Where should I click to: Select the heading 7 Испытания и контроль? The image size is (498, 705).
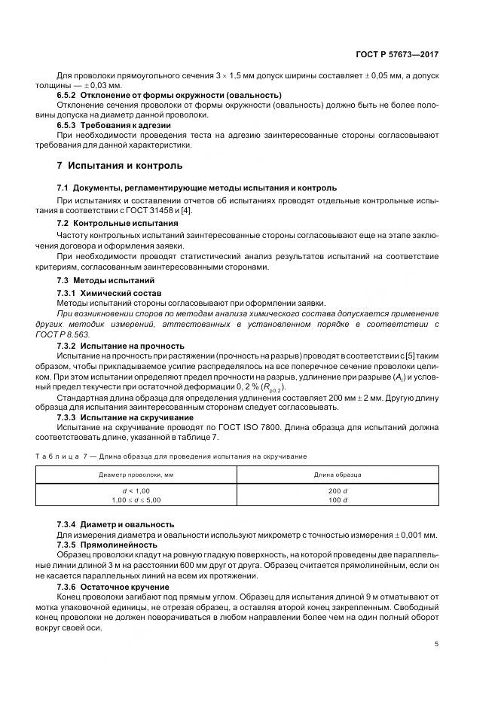pos(120,165)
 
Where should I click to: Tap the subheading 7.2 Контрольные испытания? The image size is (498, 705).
pos(118,224)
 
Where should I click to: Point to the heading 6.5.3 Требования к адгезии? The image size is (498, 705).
pos(114,124)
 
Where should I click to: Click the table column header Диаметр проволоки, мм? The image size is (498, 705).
pos(136,475)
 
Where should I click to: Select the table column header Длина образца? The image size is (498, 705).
pos(337,475)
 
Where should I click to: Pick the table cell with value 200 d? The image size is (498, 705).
pos(337,490)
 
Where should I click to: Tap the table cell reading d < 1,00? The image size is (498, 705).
pos(136,490)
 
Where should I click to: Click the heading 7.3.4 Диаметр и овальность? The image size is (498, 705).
pos(116,524)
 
